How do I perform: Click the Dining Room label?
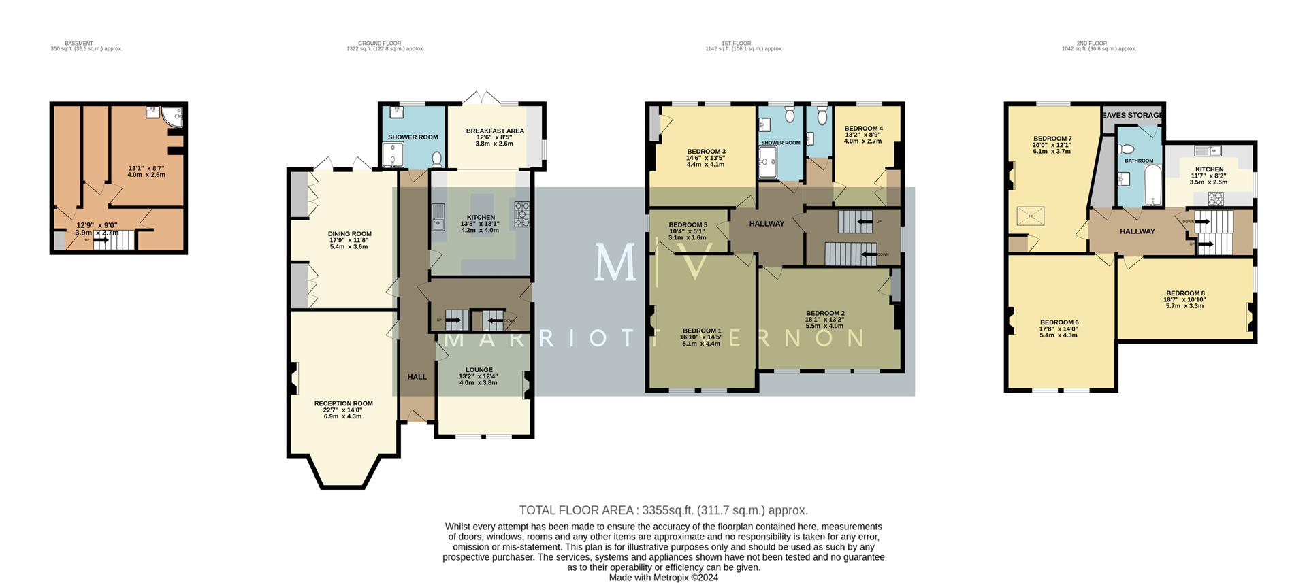click(x=349, y=234)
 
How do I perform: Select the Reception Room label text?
click(x=343, y=403)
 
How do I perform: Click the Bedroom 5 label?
click(x=688, y=225)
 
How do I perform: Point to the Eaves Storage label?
click(x=1132, y=116)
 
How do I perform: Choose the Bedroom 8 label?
click(x=1184, y=294)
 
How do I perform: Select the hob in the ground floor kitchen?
click(x=522, y=214)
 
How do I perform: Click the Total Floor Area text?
click(x=663, y=510)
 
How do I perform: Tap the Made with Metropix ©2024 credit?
click(x=663, y=578)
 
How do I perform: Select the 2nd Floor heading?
click(x=1093, y=44)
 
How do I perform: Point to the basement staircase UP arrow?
click(x=99, y=239)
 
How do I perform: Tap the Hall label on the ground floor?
click(x=417, y=377)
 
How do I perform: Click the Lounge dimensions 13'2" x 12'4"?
click(x=479, y=377)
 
